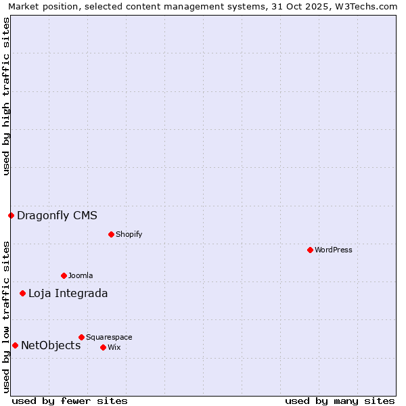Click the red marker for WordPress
coord(310,250)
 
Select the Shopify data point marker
coord(111,234)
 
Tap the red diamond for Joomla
coord(64,275)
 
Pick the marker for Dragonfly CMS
coord(11,215)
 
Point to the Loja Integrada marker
coord(22,293)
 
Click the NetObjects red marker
coord(15,345)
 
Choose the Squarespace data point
coord(81,337)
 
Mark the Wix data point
coord(103,347)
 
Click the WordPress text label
coord(334,250)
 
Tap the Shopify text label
coord(129,234)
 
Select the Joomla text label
coord(81,275)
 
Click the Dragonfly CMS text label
coord(57,216)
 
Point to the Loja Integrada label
coord(68,294)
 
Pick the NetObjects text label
coord(51,346)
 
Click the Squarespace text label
coord(109,337)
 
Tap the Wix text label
coord(114,347)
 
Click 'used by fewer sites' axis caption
coord(70,401)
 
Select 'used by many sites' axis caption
coord(340,401)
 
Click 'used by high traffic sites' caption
coord(6,97)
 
